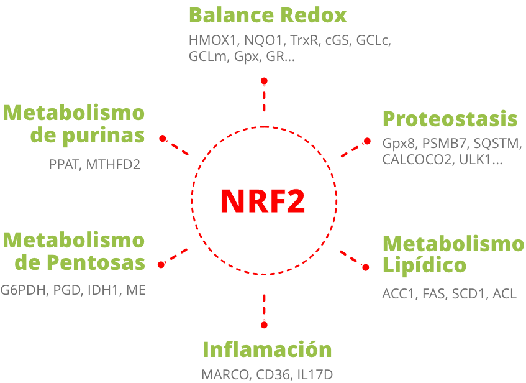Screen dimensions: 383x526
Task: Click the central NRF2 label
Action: [x=263, y=200]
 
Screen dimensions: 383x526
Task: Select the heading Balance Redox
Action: [x=268, y=14]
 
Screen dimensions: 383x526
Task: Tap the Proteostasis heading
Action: [x=450, y=118]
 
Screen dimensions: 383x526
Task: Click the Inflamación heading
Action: [x=267, y=349]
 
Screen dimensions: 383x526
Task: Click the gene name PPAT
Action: [x=64, y=165]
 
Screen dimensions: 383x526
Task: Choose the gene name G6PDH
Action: [x=24, y=289]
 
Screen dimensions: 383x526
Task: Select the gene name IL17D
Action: [x=315, y=375]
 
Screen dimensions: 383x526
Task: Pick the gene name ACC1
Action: [x=398, y=294]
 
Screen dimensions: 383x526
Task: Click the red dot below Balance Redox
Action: [x=264, y=81]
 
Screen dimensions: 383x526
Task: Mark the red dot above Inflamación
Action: [x=264, y=325]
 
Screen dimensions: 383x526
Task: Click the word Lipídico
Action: [x=424, y=265]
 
